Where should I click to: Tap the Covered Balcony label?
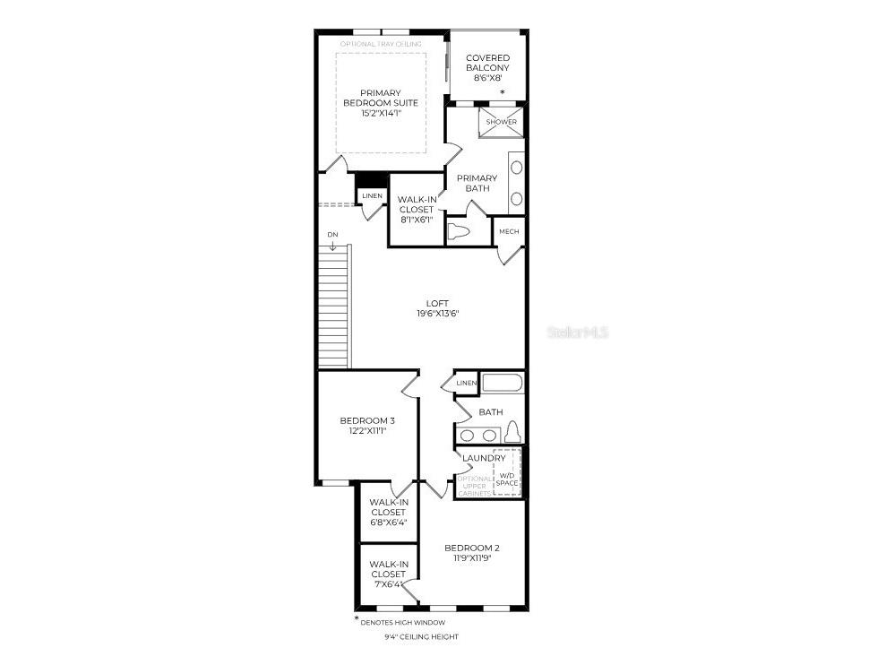click(x=487, y=63)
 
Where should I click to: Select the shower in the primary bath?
click(x=501, y=123)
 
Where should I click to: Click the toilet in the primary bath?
click(x=459, y=232)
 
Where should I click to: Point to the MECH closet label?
click(x=509, y=232)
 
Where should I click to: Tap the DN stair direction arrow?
click(x=333, y=246)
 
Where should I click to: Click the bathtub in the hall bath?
click(x=502, y=384)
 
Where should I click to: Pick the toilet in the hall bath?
click(x=512, y=433)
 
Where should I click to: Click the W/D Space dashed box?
click(x=507, y=472)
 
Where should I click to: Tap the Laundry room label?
click(x=484, y=458)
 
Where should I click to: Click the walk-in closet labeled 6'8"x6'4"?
click(x=388, y=512)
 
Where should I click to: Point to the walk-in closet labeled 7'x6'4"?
click(x=388, y=574)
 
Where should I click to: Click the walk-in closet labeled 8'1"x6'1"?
click(x=416, y=209)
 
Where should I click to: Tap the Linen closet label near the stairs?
click(x=372, y=196)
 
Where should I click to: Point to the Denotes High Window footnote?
click(x=403, y=622)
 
